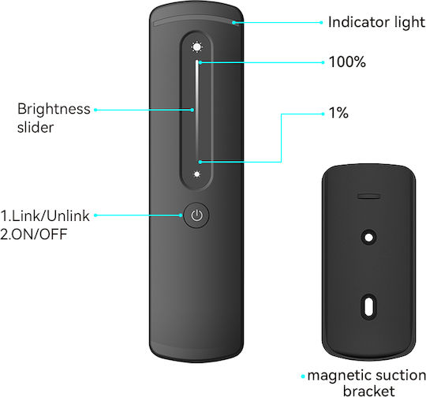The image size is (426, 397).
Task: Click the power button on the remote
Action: coord(196,215)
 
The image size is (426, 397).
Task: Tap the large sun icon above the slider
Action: coord(196,47)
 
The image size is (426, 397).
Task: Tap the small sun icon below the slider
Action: coord(196,174)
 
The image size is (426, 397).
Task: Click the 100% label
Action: coord(347,62)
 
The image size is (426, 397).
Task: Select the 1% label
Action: coord(338,113)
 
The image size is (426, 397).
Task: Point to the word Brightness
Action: coord(54,109)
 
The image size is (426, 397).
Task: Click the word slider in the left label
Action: coord(35,127)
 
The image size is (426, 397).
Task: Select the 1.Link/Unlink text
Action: coord(45,215)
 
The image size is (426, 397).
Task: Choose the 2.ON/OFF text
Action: coord(34,234)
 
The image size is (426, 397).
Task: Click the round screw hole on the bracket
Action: coord(368,238)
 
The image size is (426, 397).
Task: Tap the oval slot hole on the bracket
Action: coord(368,307)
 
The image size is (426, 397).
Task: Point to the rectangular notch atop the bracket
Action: coord(368,196)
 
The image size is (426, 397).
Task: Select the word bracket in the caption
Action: coord(369,391)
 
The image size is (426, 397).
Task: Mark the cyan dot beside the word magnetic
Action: coord(303,376)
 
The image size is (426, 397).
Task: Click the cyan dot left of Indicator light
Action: coord(321,23)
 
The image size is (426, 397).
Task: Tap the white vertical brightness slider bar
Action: coord(196,110)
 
